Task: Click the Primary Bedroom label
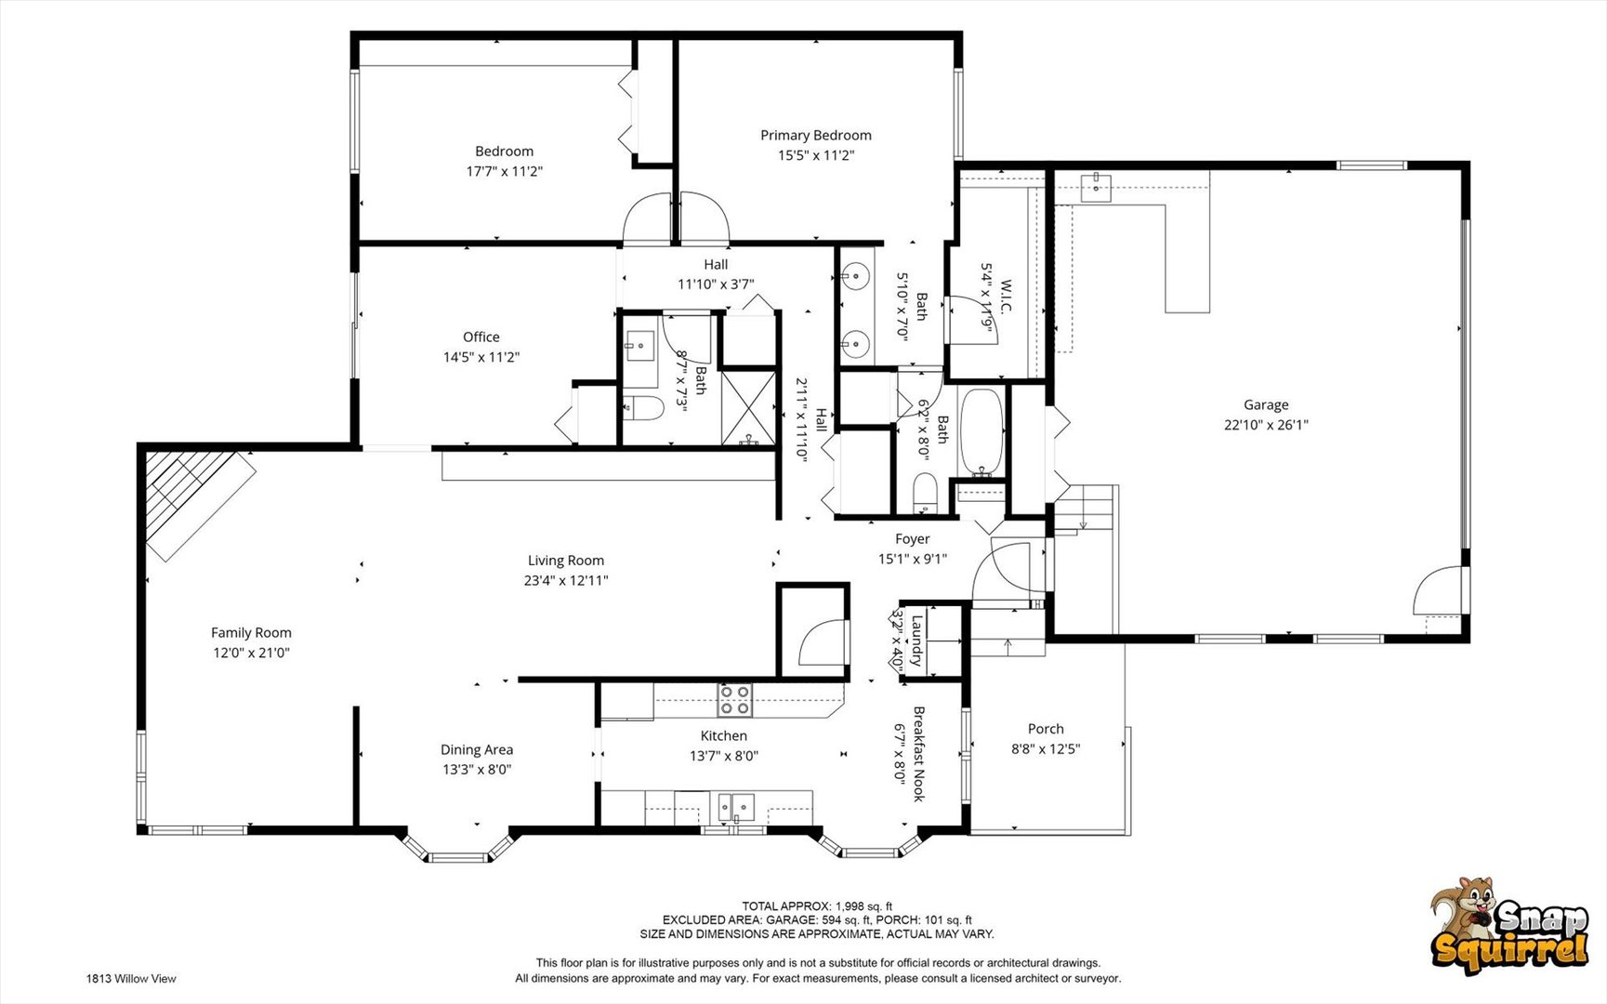click(815, 136)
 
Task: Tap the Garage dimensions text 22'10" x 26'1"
click(1266, 425)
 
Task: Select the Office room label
click(481, 337)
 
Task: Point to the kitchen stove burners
click(734, 700)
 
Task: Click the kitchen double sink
click(735, 805)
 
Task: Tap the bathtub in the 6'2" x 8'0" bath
click(981, 431)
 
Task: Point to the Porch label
click(1046, 729)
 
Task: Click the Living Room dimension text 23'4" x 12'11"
click(566, 581)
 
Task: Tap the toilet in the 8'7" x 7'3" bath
click(641, 408)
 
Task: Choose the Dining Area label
click(477, 750)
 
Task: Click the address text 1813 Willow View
click(131, 978)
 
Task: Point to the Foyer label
click(913, 539)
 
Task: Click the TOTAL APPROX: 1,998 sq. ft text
click(817, 906)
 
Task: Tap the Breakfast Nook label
click(918, 754)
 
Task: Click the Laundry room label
click(916, 641)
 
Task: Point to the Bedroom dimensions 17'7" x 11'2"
click(505, 172)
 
